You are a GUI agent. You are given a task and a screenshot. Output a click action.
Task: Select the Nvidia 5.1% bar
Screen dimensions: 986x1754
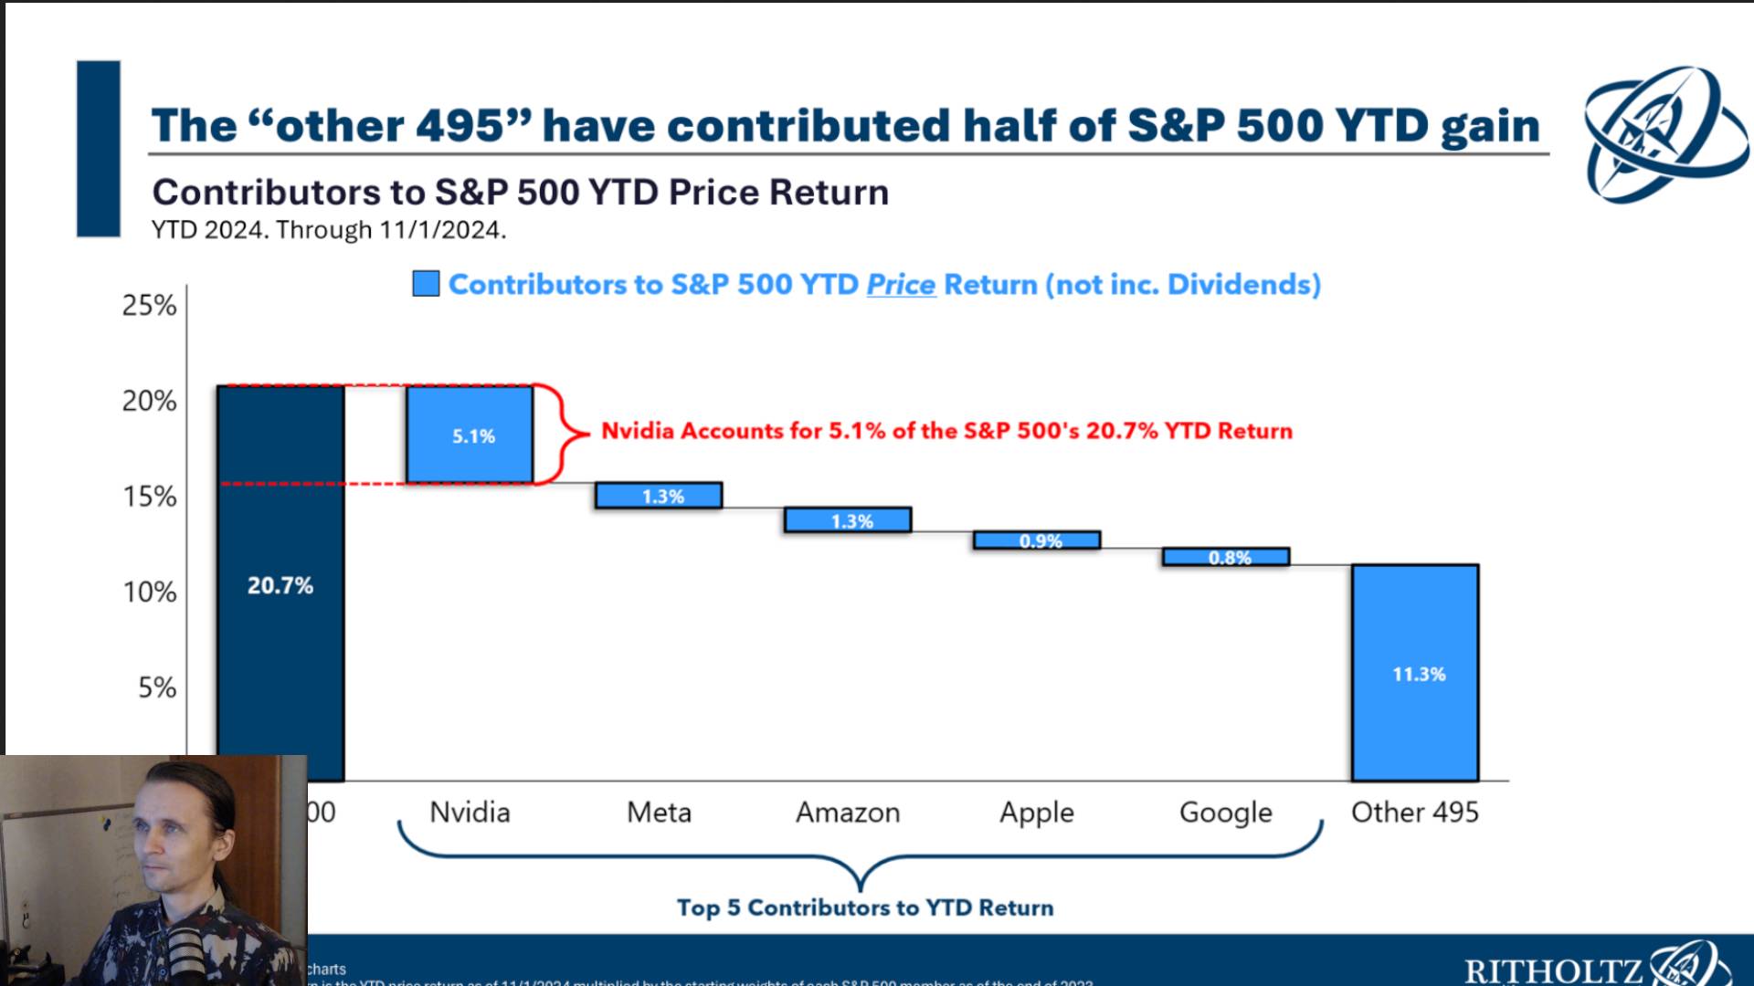coord(470,435)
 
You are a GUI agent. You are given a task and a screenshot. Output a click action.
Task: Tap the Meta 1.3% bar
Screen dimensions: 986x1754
coord(659,496)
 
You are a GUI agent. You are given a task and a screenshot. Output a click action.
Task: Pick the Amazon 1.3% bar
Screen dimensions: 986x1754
coord(848,520)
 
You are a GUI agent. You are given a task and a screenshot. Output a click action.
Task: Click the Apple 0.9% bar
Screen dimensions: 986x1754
coord(1037,540)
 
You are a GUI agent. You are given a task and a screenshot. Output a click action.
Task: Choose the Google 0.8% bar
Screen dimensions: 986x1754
coord(1226,557)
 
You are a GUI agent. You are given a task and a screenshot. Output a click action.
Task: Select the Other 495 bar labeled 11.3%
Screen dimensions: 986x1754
coord(1415,673)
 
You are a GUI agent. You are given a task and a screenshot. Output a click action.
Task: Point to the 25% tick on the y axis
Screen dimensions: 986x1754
coord(150,305)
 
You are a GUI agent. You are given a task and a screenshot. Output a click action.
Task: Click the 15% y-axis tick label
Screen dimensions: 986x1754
coord(150,497)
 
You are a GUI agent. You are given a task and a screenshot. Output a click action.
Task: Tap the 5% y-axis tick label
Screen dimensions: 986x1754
coord(157,687)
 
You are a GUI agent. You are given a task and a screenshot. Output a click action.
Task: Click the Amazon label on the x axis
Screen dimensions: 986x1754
coord(848,812)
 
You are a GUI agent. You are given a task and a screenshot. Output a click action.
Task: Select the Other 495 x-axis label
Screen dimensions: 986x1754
coord(1414,812)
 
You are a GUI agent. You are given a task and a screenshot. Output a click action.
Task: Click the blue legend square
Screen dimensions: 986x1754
coord(426,284)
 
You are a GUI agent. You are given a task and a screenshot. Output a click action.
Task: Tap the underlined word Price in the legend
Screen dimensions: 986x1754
coord(901,285)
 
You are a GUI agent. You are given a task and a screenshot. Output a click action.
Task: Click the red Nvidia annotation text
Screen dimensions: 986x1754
coord(946,431)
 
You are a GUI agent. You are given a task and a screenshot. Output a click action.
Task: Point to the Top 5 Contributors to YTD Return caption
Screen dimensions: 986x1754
coord(865,907)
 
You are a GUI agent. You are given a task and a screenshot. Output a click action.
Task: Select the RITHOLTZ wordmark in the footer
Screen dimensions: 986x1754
coord(1553,970)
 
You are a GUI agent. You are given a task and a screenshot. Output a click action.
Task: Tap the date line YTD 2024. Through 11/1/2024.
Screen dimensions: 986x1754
coord(329,230)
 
